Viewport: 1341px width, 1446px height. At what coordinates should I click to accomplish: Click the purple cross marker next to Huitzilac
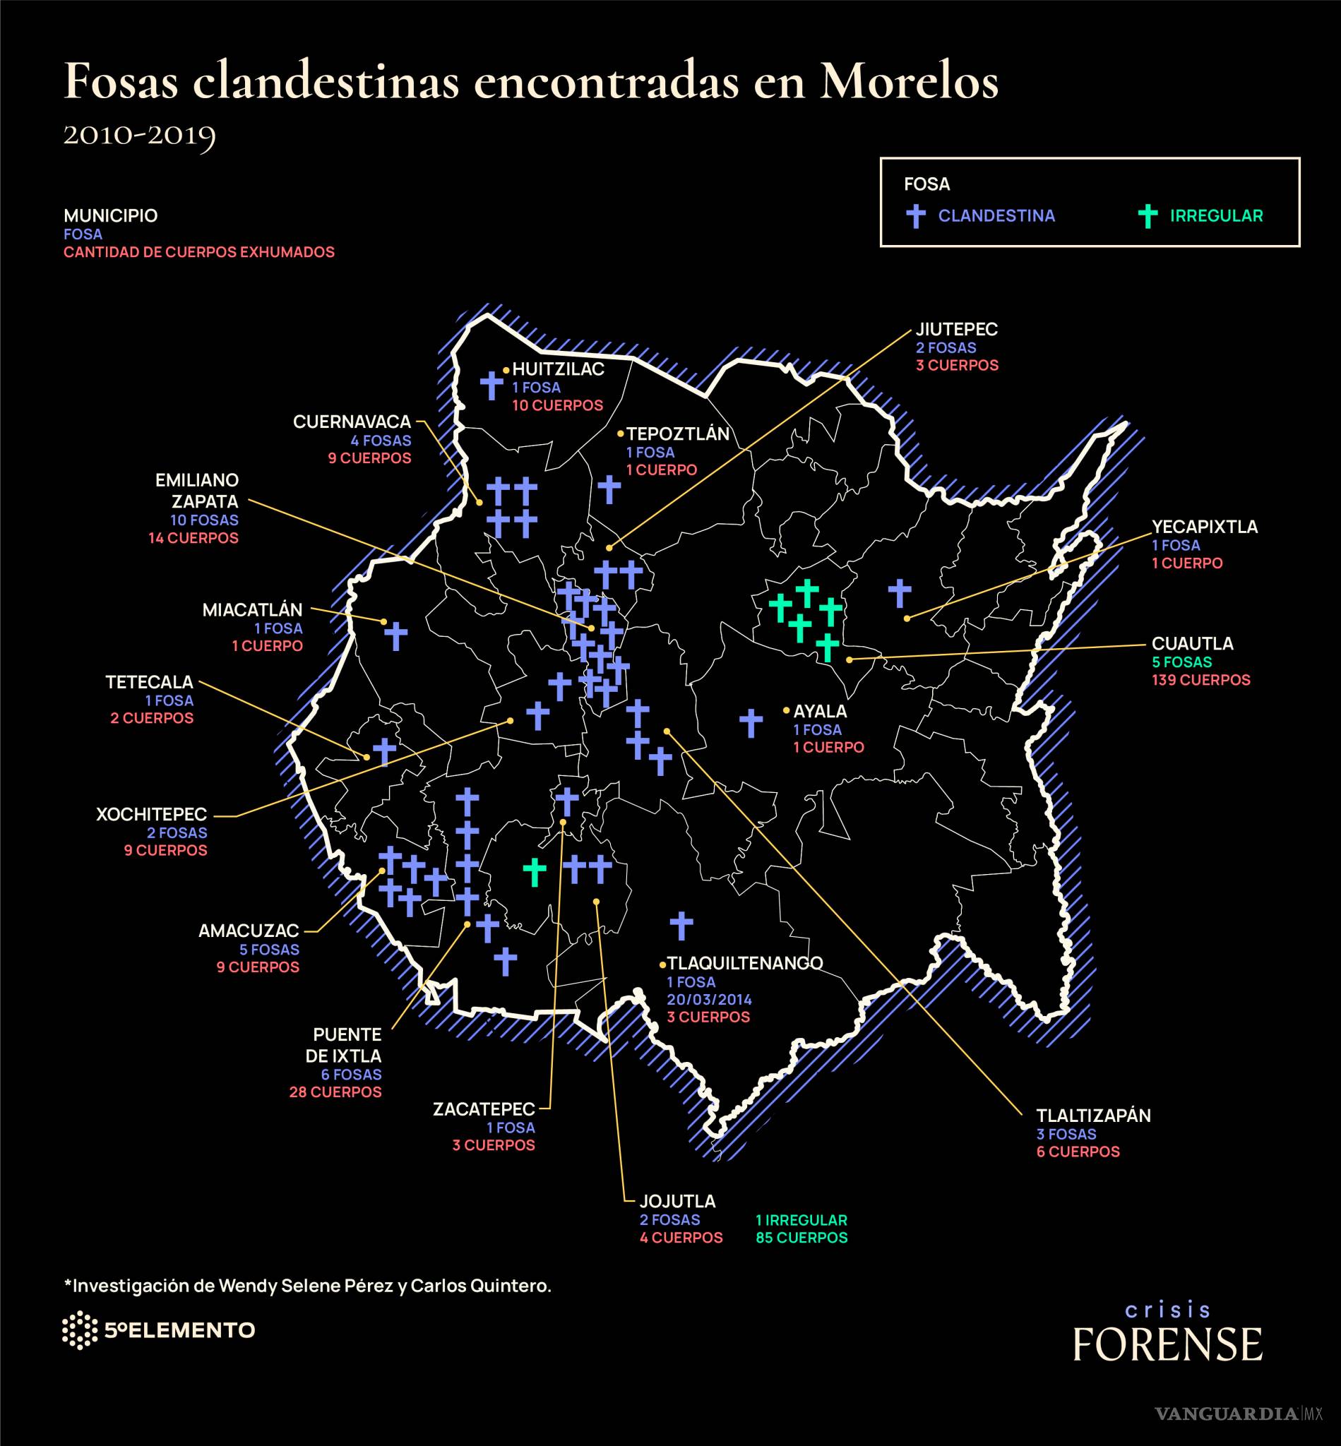tap(491, 386)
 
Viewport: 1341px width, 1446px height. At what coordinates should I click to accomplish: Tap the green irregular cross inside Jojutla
tap(535, 872)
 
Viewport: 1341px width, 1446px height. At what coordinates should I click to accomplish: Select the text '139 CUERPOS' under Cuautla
tap(1201, 680)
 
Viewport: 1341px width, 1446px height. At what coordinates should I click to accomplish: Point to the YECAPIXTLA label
tap(1205, 527)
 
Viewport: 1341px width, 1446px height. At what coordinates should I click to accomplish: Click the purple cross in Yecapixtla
tap(900, 593)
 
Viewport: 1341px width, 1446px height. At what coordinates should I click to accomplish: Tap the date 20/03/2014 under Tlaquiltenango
tap(709, 999)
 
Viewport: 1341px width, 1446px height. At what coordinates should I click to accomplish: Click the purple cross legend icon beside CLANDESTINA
tap(917, 215)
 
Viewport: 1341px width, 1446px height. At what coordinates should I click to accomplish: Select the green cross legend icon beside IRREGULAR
tap(1148, 215)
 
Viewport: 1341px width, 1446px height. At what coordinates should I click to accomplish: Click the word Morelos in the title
tap(910, 82)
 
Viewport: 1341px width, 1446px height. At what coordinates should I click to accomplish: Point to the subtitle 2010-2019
tap(139, 134)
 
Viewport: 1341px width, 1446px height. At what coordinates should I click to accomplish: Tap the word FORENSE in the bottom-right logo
tap(1167, 1344)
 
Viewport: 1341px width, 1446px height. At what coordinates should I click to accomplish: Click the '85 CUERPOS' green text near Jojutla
tap(801, 1237)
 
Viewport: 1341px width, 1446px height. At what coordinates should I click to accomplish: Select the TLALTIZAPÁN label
tap(1093, 1116)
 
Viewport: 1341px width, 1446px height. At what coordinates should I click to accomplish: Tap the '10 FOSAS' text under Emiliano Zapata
tap(204, 520)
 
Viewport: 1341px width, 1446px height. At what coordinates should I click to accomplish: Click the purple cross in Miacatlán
tap(395, 635)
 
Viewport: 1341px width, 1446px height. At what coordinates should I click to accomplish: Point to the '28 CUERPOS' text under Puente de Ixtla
tap(335, 1092)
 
